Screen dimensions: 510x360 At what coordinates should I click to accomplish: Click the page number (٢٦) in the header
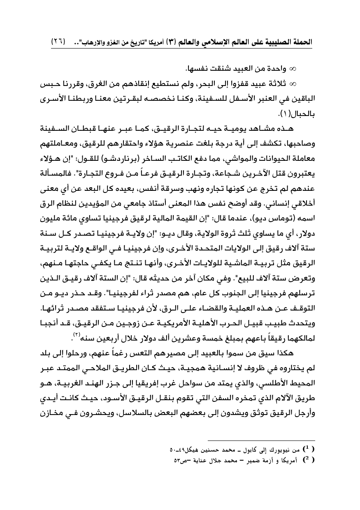click(59, 42)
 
